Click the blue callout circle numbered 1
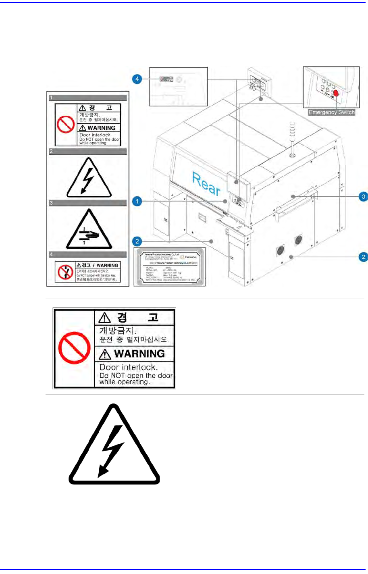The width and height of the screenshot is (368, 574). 137,201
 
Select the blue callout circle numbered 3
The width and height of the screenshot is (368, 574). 363,196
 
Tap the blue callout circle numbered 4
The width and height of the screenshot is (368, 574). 137,79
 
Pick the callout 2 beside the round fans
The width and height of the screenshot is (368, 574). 363,257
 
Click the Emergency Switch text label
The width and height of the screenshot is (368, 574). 331,112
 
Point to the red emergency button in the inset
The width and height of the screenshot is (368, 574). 336,93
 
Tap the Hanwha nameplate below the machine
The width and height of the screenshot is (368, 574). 169,266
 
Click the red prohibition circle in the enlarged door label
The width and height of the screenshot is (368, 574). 74,348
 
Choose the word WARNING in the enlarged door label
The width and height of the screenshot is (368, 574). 139,354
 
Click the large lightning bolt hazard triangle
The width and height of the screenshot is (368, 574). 114,446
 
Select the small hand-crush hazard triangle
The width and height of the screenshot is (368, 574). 89,230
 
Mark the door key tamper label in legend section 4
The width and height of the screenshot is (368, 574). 87,272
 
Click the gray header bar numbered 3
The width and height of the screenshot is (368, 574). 87,203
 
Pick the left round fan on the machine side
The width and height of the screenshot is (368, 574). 281,250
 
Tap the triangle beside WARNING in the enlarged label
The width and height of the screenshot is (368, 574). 105,354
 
